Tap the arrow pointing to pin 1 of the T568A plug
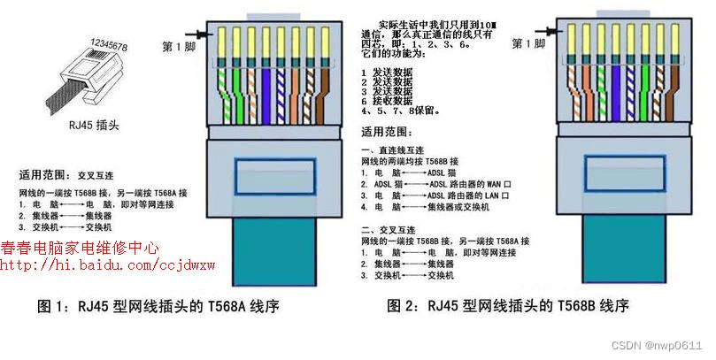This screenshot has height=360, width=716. (x=206, y=35)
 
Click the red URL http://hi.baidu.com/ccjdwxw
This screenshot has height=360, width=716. (x=107, y=265)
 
